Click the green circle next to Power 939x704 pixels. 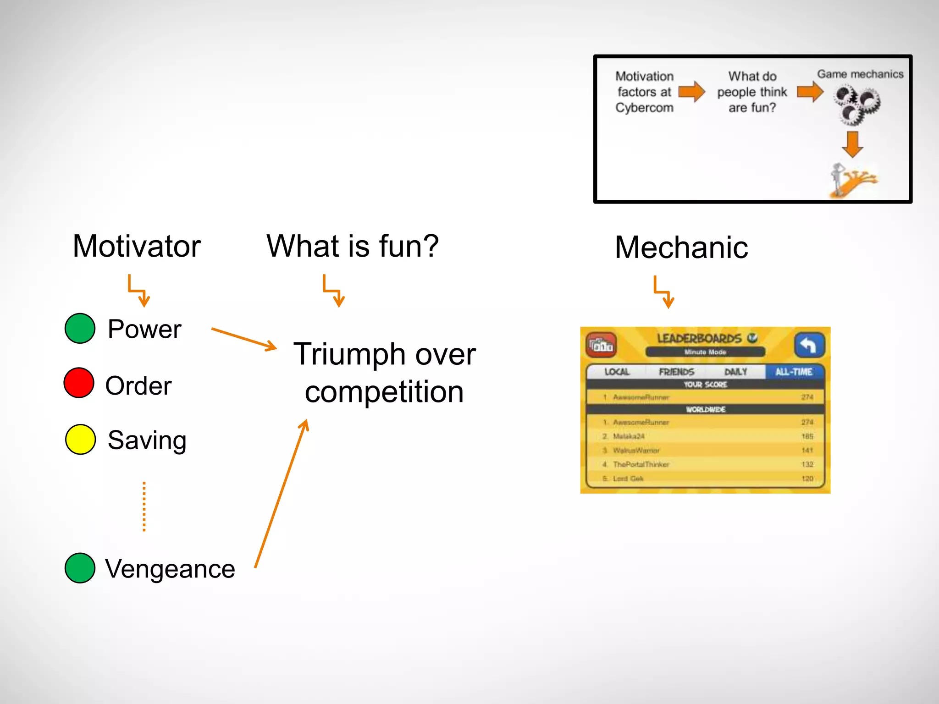point(80,328)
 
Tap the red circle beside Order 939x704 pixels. point(79,383)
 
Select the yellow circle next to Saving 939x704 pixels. point(80,439)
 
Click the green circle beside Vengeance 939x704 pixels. point(80,568)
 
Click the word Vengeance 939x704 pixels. point(170,569)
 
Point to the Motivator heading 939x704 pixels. point(137,246)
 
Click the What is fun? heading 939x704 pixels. point(353,246)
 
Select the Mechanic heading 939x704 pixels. point(681,247)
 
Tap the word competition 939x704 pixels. point(384,392)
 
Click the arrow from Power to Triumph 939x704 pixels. point(244,339)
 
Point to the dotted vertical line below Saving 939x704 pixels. point(144,506)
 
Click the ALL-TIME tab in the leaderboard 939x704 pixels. point(794,372)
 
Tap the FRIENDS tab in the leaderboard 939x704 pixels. point(676,372)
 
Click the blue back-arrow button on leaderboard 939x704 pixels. point(809,345)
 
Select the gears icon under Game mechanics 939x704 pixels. point(856,104)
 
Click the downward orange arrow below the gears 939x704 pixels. point(852,144)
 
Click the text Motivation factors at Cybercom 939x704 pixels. point(644,92)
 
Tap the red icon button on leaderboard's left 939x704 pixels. point(601,345)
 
